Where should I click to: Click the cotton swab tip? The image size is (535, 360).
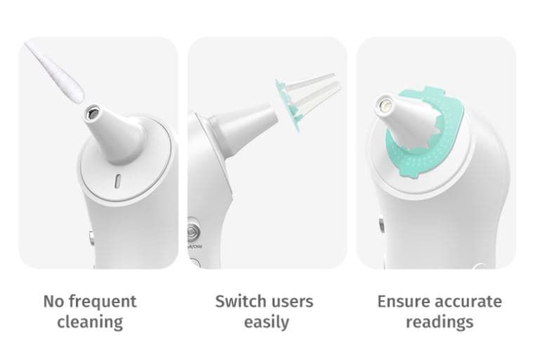point(71,85)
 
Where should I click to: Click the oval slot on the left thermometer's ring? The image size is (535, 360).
point(117,181)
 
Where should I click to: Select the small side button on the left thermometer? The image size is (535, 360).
point(91,238)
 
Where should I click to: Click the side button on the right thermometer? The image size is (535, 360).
point(381,226)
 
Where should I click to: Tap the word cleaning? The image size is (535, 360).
point(90,322)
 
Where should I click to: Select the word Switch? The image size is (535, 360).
point(241,301)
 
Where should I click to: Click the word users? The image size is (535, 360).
point(291,302)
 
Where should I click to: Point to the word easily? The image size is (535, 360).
point(267,322)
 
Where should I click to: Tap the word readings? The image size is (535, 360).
point(440,322)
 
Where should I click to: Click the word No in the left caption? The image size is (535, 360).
point(54,302)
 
